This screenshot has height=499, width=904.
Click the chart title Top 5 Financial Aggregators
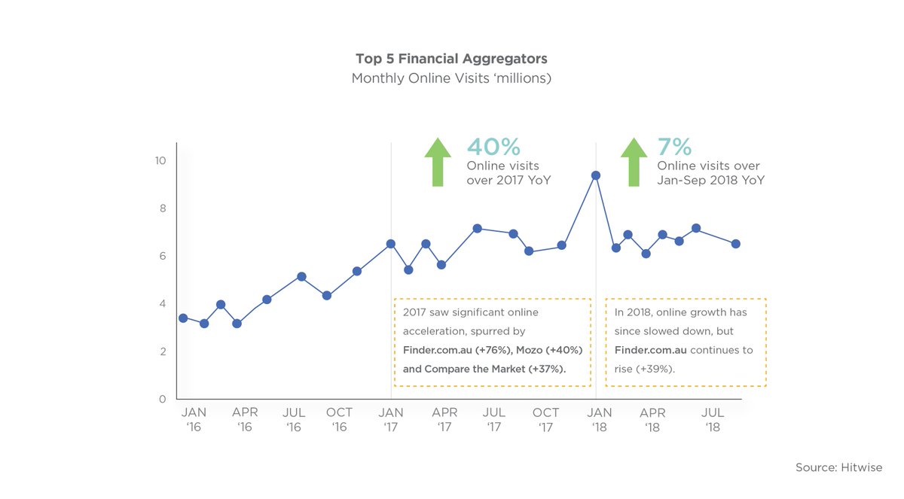tap(451, 59)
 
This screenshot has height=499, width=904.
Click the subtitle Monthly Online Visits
tap(451, 78)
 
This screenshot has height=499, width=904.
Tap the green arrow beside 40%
tap(438, 161)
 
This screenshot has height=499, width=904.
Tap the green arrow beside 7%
tap(634, 161)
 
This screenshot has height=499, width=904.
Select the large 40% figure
tap(493, 147)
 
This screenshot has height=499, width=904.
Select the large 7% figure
tap(674, 147)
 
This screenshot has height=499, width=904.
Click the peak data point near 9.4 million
tap(596, 175)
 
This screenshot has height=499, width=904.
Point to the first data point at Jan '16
tap(183, 318)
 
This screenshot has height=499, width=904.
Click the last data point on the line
tap(736, 244)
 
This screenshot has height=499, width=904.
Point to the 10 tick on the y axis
tap(160, 160)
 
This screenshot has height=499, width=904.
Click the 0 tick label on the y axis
tap(162, 399)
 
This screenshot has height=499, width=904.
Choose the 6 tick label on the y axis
tap(162, 256)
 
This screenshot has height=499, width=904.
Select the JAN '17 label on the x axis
tap(391, 419)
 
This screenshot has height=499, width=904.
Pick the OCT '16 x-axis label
tap(339, 419)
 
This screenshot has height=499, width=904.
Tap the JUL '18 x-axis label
tap(713, 419)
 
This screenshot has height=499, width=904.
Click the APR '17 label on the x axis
tap(444, 419)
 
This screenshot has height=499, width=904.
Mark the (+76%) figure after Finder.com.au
tap(492, 350)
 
